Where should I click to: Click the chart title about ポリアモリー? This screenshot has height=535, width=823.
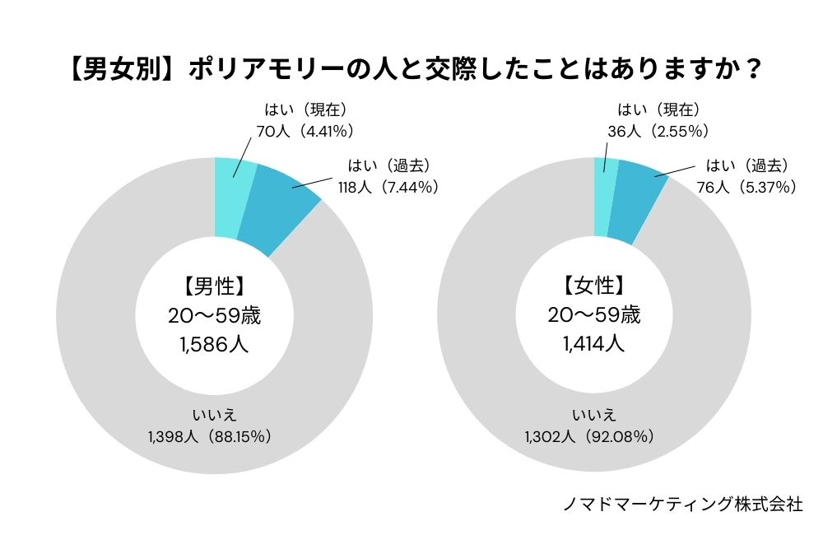[x=411, y=69]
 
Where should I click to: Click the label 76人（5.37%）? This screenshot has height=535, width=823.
[x=746, y=187]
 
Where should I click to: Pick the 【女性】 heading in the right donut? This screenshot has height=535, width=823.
[x=593, y=286]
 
